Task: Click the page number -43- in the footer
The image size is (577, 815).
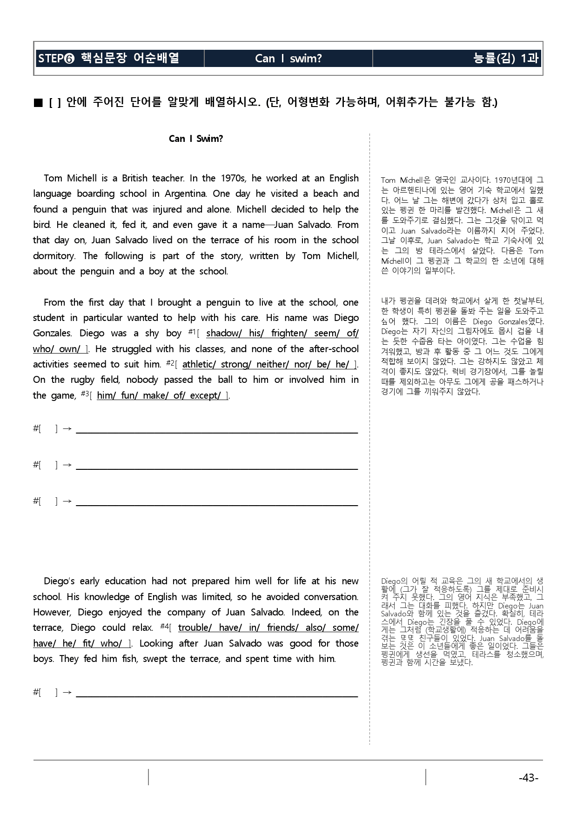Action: click(x=528, y=778)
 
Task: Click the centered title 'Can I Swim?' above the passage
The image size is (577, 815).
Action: click(x=196, y=139)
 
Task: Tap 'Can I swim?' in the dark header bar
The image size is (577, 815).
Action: click(x=288, y=58)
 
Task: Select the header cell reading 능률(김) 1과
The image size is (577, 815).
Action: click(x=505, y=58)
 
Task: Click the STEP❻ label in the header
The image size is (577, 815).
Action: click(x=56, y=59)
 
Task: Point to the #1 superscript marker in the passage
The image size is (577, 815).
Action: click(x=191, y=332)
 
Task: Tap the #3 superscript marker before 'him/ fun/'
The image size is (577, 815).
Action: click(x=84, y=394)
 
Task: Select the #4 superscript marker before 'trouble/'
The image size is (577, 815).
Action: click(x=164, y=626)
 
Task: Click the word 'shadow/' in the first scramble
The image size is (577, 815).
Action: click(x=221, y=334)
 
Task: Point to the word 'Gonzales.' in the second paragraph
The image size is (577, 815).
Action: click(x=53, y=334)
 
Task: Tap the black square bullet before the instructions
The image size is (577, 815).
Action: click(x=39, y=102)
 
